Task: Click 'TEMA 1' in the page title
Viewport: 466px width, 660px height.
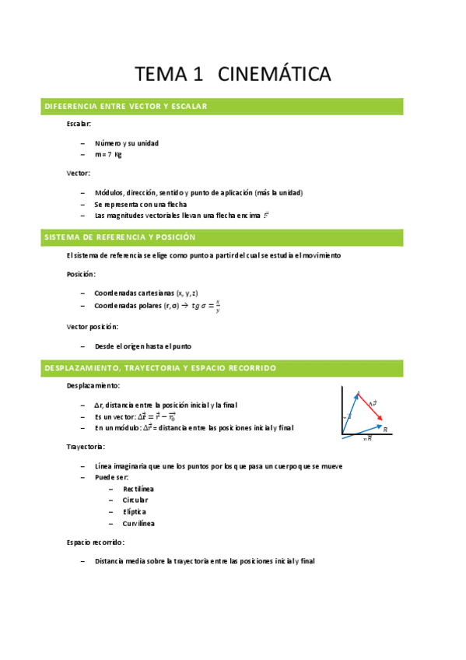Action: point(168,75)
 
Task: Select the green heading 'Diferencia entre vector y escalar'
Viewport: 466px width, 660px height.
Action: point(125,106)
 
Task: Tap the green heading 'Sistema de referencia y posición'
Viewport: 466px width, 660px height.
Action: point(120,237)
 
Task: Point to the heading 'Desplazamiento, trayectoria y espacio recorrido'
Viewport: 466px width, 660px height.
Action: point(160,367)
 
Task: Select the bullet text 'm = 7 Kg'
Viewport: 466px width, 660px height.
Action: point(108,154)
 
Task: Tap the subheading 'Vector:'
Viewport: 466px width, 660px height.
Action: point(78,173)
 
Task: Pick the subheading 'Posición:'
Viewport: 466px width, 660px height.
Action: point(82,274)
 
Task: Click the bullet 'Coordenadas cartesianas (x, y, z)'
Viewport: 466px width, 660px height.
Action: point(148,293)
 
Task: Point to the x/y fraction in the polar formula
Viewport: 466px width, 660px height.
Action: point(218,306)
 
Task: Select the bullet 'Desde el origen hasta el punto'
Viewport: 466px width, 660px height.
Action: point(142,346)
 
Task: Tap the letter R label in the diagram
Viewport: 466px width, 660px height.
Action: point(385,429)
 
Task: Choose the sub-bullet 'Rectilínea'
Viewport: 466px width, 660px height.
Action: point(138,488)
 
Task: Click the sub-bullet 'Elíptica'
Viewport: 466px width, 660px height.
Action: point(134,511)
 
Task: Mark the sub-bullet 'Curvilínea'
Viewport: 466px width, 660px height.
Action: point(138,523)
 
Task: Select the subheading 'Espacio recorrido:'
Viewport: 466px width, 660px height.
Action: point(96,542)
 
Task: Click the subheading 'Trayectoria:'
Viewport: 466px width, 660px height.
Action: point(86,447)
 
